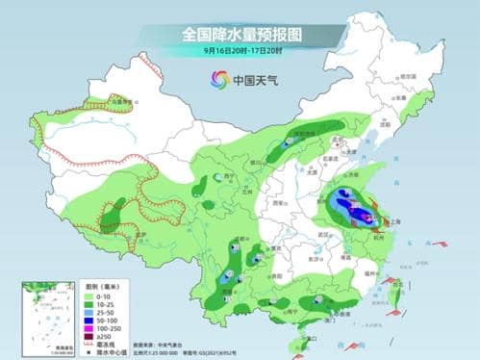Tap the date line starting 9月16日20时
pos(240,50)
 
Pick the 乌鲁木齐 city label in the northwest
pos(119,100)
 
